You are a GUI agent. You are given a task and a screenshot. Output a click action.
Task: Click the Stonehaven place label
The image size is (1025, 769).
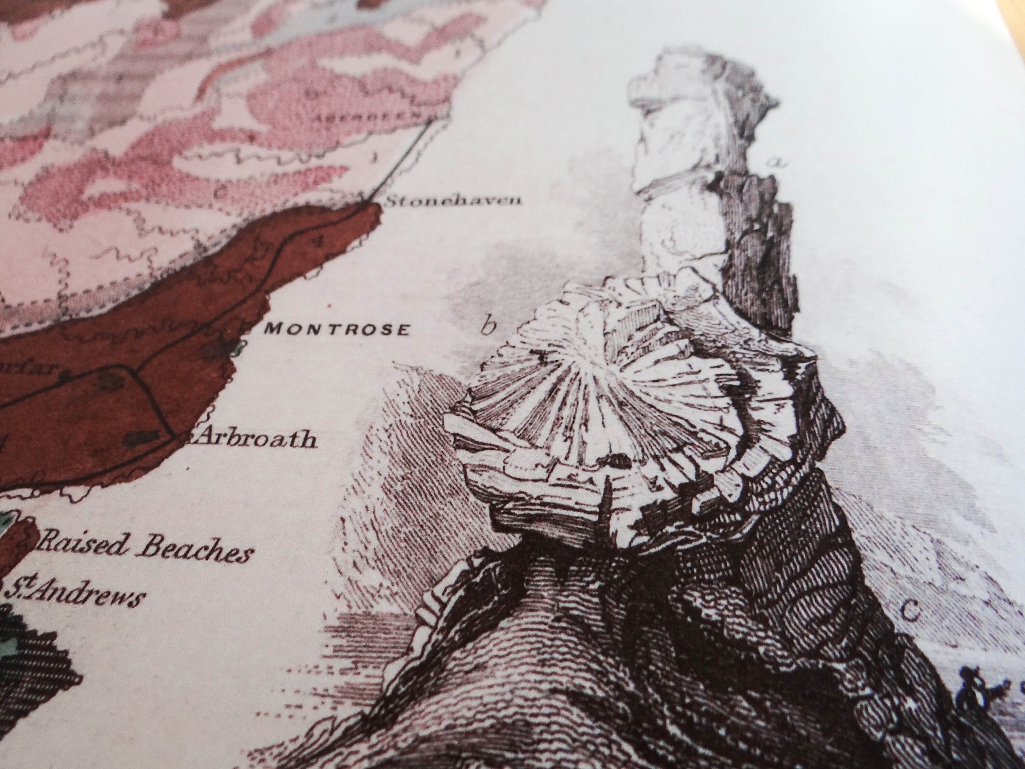(453, 200)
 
